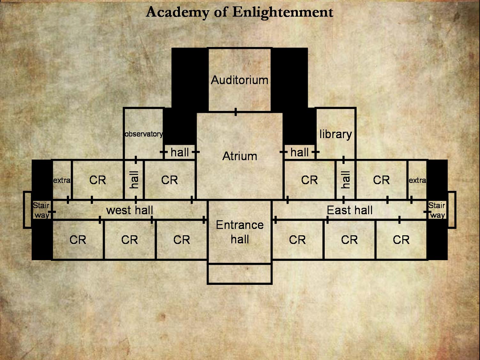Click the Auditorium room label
click(239, 80)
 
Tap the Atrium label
click(240, 156)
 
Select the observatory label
click(144, 134)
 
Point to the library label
click(336, 134)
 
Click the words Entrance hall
click(240, 232)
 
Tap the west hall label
click(129, 210)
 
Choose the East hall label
click(349, 210)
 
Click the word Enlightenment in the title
click(283, 12)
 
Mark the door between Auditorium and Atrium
click(236, 112)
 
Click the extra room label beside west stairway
click(62, 180)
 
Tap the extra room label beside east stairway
click(417, 180)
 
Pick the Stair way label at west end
click(41, 210)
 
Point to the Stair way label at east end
click(437, 210)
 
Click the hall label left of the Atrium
click(180, 152)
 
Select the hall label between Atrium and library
click(299, 152)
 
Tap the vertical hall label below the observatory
click(134, 180)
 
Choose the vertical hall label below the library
click(345, 180)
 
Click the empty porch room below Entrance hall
click(240, 274)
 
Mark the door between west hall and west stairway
click(52, 212)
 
